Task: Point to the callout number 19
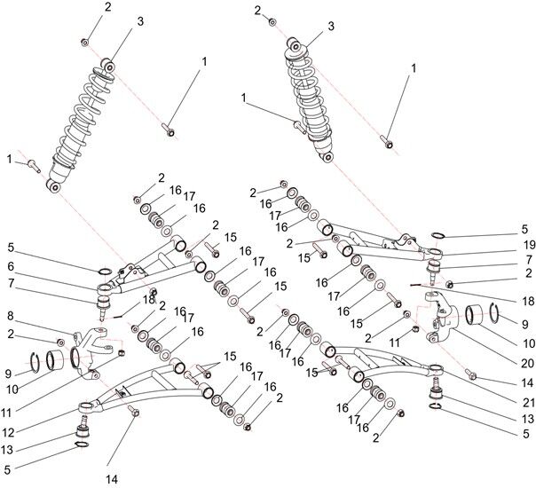pyautogui.click(x=528, y=243)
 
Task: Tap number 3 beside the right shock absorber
pyautogui.click(x=330, y=27)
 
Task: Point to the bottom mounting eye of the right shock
pyautogui.click(x=327, y=157)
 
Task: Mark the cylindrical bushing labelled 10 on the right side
pyautogui.click(x=477, y=314)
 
